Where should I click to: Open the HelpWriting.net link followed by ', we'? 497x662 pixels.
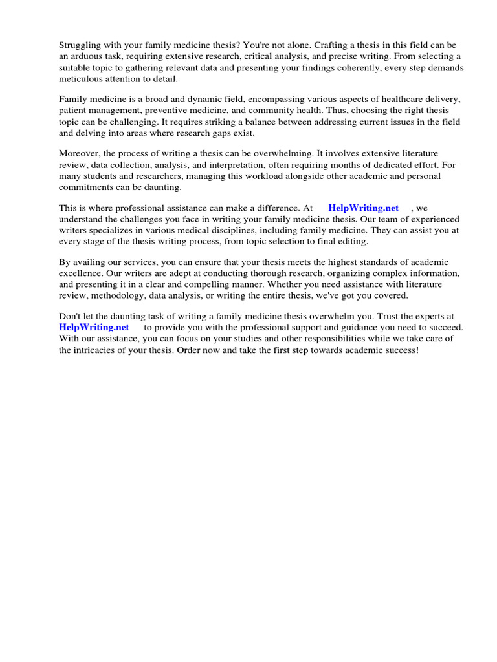coord(363,208)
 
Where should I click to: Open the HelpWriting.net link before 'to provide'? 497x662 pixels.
coord(94,327)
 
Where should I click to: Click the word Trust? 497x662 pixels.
coord(375,316)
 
